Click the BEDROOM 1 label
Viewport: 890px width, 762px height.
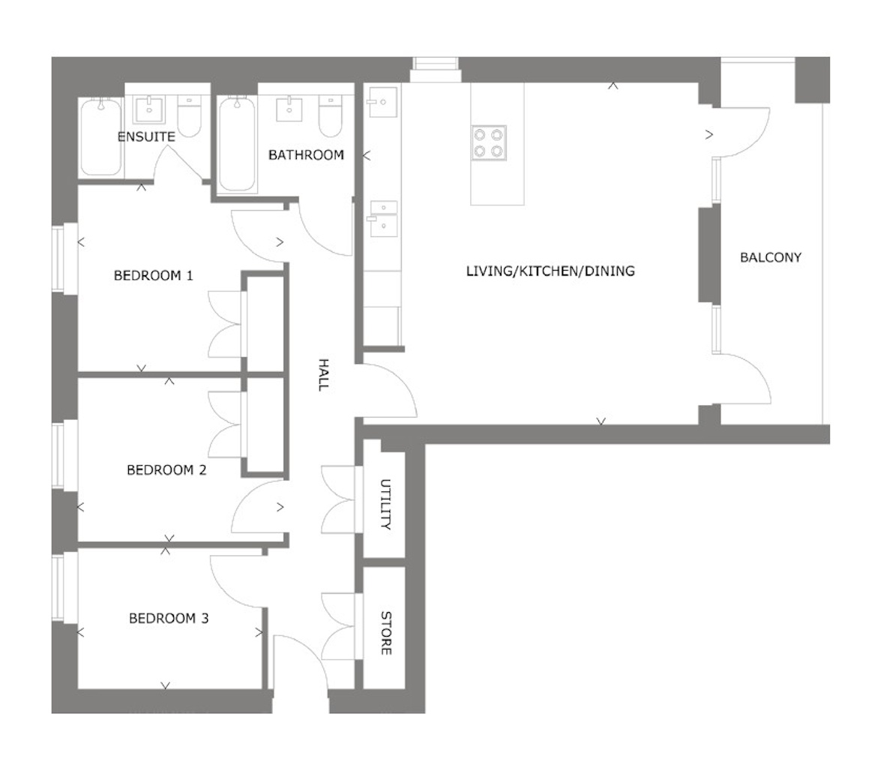tap(154, 275)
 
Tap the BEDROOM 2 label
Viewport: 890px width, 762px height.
tap(166, 470)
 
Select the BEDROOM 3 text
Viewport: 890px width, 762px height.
tap(169, 619)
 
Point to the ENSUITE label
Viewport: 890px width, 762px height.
tap(146, 136)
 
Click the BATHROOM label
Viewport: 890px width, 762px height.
tap(306, 155)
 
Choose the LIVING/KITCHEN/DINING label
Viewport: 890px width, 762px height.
tap(550, 271)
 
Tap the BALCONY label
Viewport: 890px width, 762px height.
tap(770, 257)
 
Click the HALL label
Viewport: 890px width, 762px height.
tap(323, 374)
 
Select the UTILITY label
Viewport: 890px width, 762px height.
tap(385, 503)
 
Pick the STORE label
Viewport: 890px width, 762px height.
tap(385, 632)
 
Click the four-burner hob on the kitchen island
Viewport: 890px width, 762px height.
tap(488, 142)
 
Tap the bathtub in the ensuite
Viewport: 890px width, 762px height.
tap(100, 136)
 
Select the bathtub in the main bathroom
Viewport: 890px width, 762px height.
tap(238, 143)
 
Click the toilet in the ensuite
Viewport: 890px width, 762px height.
tap(189, 116)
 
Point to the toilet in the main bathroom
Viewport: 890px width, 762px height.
tap(328, 116)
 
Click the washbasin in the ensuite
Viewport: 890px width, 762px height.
tap(151, 109)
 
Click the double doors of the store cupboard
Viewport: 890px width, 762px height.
tap(340, 626)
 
